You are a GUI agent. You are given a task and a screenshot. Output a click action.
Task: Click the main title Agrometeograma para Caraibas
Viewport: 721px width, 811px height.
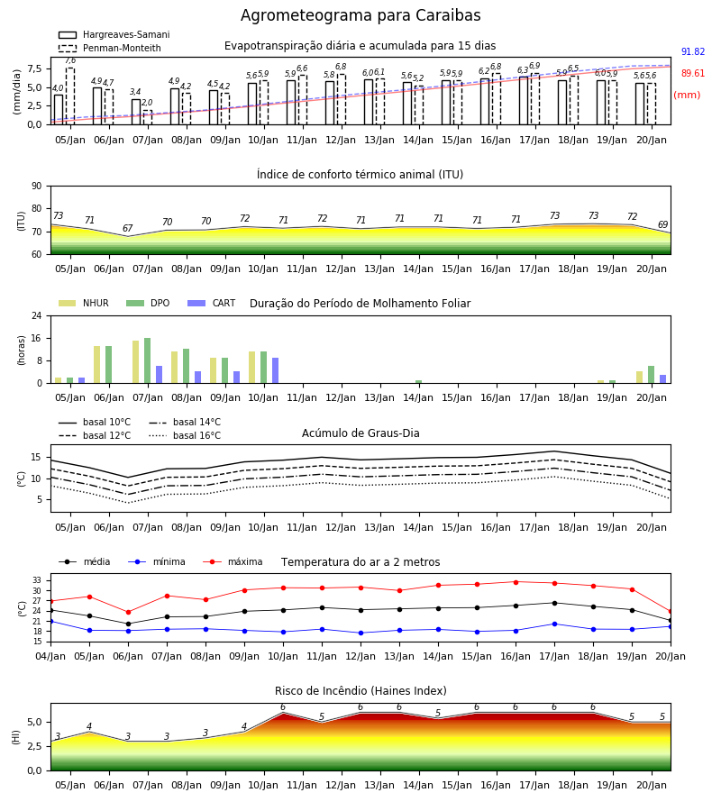point(360,15)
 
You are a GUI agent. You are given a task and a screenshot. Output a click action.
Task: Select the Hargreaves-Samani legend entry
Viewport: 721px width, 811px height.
point(114,34)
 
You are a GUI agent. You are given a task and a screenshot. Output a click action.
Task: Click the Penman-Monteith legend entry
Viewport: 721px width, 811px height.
point(110,48)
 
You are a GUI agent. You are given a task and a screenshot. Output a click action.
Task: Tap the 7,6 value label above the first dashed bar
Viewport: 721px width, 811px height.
point(70,60)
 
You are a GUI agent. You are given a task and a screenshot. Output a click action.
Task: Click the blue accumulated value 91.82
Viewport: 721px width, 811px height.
point(693,51)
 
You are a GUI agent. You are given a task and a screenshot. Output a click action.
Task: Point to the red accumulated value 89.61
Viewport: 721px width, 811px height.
point(693,74)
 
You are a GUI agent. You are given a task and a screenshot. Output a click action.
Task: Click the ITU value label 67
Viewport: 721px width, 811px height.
point(128,228)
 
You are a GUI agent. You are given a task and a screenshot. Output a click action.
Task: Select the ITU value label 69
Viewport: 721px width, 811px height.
point(663,224)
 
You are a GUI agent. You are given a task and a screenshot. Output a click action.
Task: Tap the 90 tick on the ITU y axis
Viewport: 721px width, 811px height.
point(37,187)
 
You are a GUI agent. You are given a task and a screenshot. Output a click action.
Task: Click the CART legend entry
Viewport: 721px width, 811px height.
point(212,303)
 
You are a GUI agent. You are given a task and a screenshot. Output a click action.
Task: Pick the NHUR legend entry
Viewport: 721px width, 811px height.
point(84,303)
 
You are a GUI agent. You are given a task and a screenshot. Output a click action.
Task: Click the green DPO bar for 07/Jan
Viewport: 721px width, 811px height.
point(148,360)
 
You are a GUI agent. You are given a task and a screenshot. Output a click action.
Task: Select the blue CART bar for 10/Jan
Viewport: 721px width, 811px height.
point(275,370)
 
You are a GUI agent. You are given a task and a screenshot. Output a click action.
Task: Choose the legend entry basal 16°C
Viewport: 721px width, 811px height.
point(185,435)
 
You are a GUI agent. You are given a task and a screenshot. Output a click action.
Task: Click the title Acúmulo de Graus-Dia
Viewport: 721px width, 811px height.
point(360,433)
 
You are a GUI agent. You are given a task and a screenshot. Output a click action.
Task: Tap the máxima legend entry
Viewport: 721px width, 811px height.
point(233,561)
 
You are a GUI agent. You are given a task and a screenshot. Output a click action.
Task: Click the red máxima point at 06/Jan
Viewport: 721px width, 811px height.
point(128,613)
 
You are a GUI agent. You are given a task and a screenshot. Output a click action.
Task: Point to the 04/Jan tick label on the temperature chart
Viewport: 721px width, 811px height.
point(50,656)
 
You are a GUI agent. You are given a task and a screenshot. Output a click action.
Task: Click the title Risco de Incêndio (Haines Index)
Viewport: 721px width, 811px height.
point(360,691)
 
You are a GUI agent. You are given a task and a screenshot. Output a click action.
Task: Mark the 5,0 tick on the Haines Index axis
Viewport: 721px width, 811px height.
point(35,723)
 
